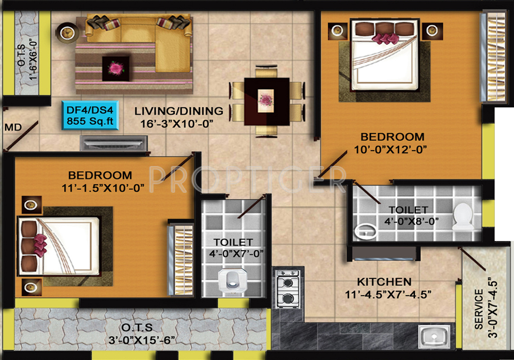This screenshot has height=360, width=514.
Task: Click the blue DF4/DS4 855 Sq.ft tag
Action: click(91, 115)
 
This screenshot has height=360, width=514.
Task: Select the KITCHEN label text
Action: click(384, 282)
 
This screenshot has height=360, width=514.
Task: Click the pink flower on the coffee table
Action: click(115, 68)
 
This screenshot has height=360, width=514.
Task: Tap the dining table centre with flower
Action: click(266, 100)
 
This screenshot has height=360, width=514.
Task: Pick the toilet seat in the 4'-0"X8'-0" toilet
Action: click(464, 216)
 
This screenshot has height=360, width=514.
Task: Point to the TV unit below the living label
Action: click(114, 143)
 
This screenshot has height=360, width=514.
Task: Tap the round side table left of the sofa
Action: click(66, 32)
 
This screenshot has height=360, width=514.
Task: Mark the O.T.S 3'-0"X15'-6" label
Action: click(144, 333)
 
